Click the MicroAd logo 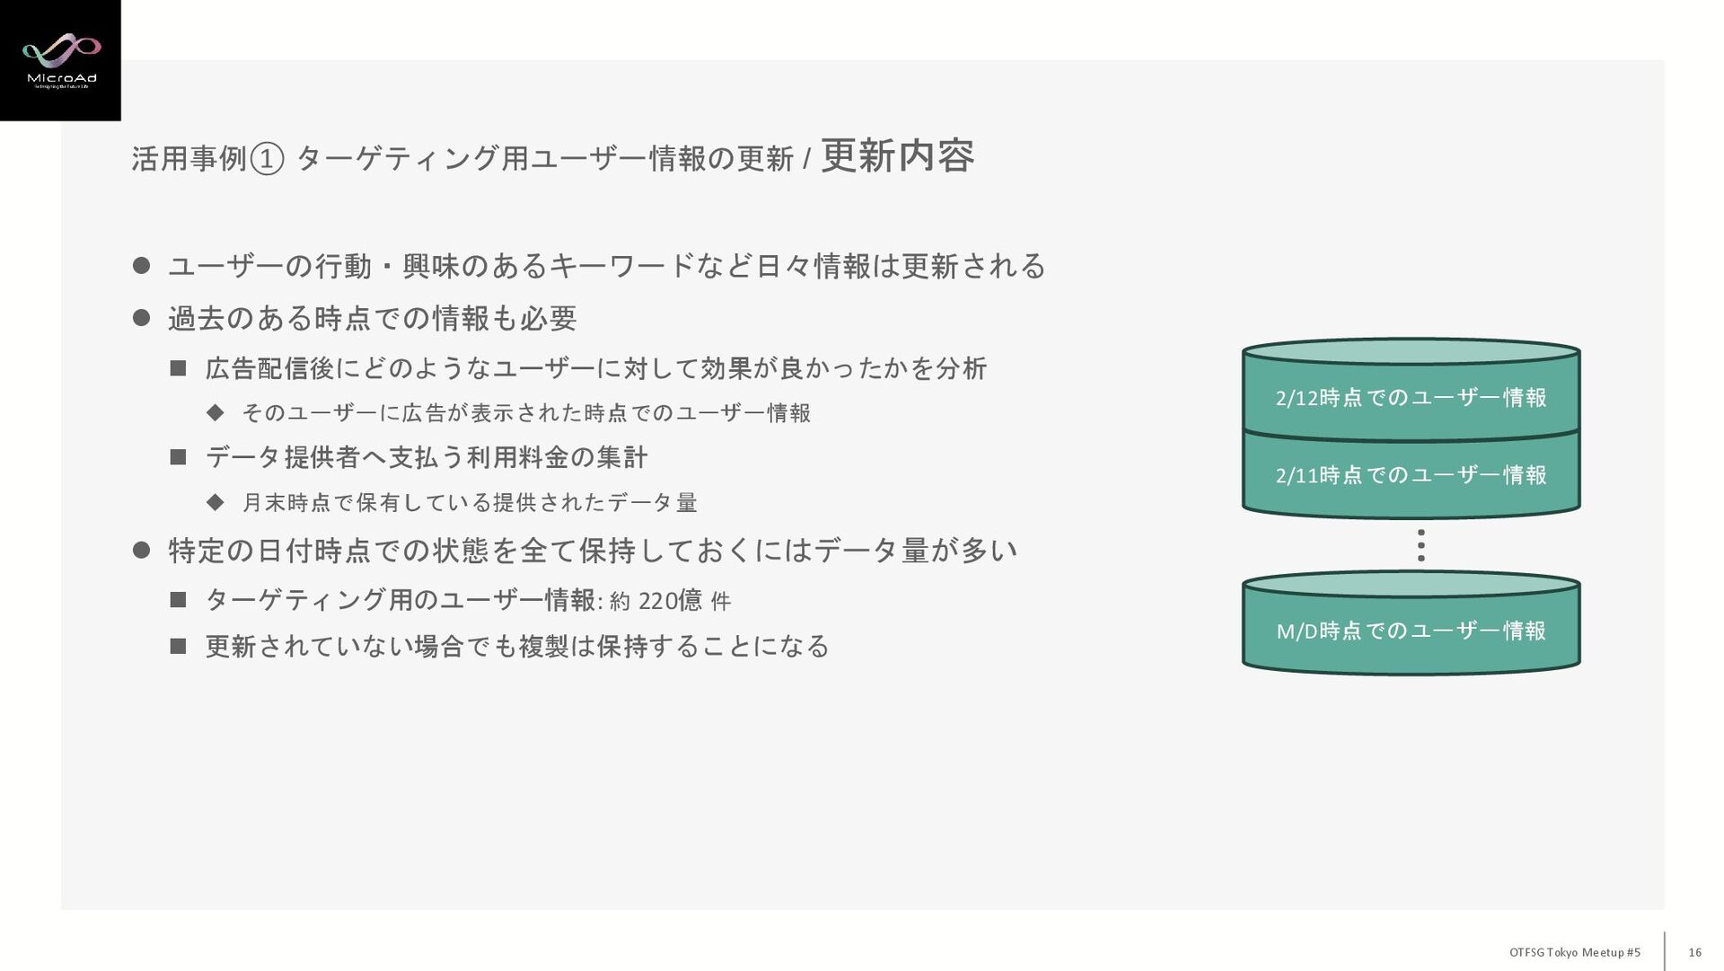click(60, 60)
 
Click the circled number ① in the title click(267, 160)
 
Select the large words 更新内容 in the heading click(897, 156)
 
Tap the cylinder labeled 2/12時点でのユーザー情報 click(1411, 392)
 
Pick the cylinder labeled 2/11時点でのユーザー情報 click(1411, 474)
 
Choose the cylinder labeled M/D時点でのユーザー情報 click(1411, 628)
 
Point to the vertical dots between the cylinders click(1421, 545)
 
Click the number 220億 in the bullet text click(670, 600)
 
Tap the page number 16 click(1694, 952)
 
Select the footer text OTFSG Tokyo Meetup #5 click(1574, 952)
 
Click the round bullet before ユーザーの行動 click(141, 265)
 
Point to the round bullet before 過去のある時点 click(141, 317)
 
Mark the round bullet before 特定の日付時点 click(141, 549)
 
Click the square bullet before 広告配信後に click(178, 367)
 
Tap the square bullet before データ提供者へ click(178, 457)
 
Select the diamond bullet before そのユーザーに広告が click(215, 412)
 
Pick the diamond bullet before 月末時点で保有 click(215, 502)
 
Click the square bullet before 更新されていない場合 click(178, 646)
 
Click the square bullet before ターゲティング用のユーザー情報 click(178, 599)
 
